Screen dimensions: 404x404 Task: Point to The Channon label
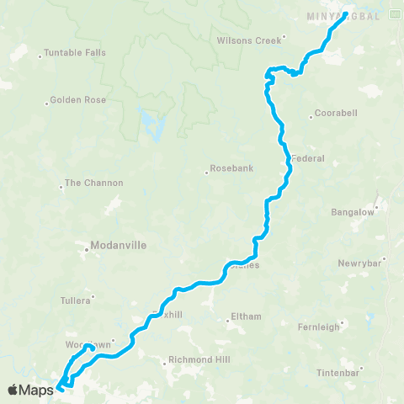point(93,183)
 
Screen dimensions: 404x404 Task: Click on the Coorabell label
point(335,114)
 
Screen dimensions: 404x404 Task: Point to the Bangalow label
point(353,212)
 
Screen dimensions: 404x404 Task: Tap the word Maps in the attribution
point(36,390)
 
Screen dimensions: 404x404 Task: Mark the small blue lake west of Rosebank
point(151,125)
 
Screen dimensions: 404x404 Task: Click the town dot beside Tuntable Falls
point(40,56)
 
